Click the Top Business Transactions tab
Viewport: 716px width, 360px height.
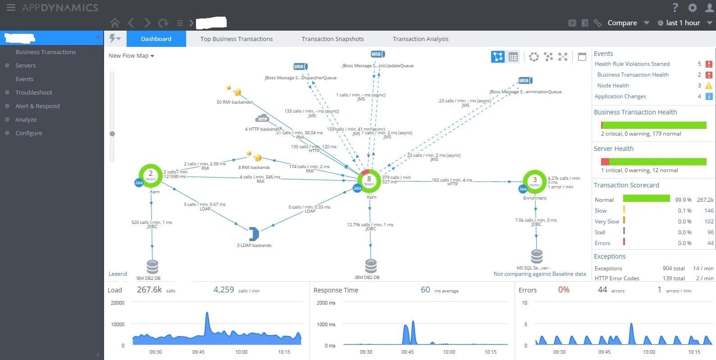236,39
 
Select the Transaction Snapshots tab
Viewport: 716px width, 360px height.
333,39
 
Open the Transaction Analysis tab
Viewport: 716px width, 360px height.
420,39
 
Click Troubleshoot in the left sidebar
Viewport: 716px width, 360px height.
34,92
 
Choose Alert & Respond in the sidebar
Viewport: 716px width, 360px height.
37,106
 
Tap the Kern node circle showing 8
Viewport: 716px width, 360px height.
369,180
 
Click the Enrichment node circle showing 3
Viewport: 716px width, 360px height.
535,181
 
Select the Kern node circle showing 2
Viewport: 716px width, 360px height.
150,175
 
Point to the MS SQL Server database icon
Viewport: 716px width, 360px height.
537,256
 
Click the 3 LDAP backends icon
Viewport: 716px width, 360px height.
254,234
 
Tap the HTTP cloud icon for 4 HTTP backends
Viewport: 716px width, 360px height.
262,118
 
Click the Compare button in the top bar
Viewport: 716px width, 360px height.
622,23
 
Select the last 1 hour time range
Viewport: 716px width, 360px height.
683,23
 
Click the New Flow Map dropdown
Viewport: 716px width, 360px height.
131,56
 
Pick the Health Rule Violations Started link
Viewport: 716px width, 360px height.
632,64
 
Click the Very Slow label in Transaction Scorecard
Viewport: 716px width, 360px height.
607,222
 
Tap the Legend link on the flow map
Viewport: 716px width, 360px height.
118,274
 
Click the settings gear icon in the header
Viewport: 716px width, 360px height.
692,8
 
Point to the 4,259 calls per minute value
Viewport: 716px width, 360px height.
223,290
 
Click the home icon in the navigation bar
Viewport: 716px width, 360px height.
115,23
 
